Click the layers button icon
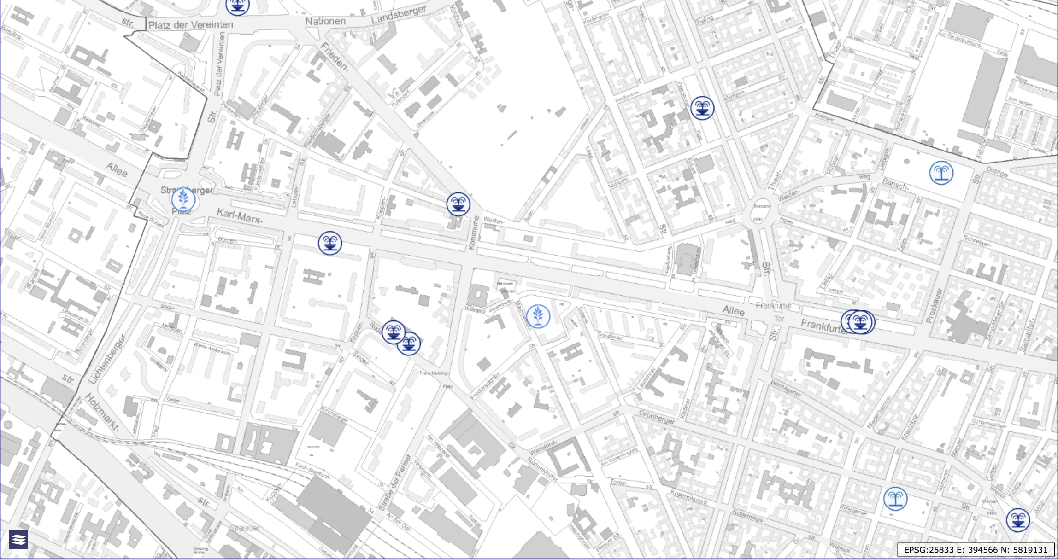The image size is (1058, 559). pyautogui.click(x=18, y=539)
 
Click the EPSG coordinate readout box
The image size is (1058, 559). pyautogui.click(x=976, y=549)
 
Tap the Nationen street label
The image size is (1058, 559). pyautogui.click(x=325, y=21)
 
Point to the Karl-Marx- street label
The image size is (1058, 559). pyautogui.click(x=240, y=216)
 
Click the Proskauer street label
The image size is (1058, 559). pyautogui.click(x=933, y=305)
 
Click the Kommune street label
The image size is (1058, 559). pyautogui.click(x=473, y=233)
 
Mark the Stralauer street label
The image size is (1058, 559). pyautogui.click(x=245, y=528)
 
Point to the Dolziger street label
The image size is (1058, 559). pyautogui.click(x=998, y=172)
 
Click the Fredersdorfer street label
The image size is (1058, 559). pyautogui.click(x=485, y=385)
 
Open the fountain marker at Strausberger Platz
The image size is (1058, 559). pyautogui.click(x=183, y=200)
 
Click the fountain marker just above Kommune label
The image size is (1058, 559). pyautogui.click(x=458, y=204)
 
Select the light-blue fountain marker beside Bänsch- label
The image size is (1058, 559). pyautogui.click(x=941, y=173)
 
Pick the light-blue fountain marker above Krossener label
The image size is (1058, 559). pyautogui.click(x=895, y=499)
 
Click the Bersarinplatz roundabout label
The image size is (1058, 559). pyautogui.click(x=758, y=212)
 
